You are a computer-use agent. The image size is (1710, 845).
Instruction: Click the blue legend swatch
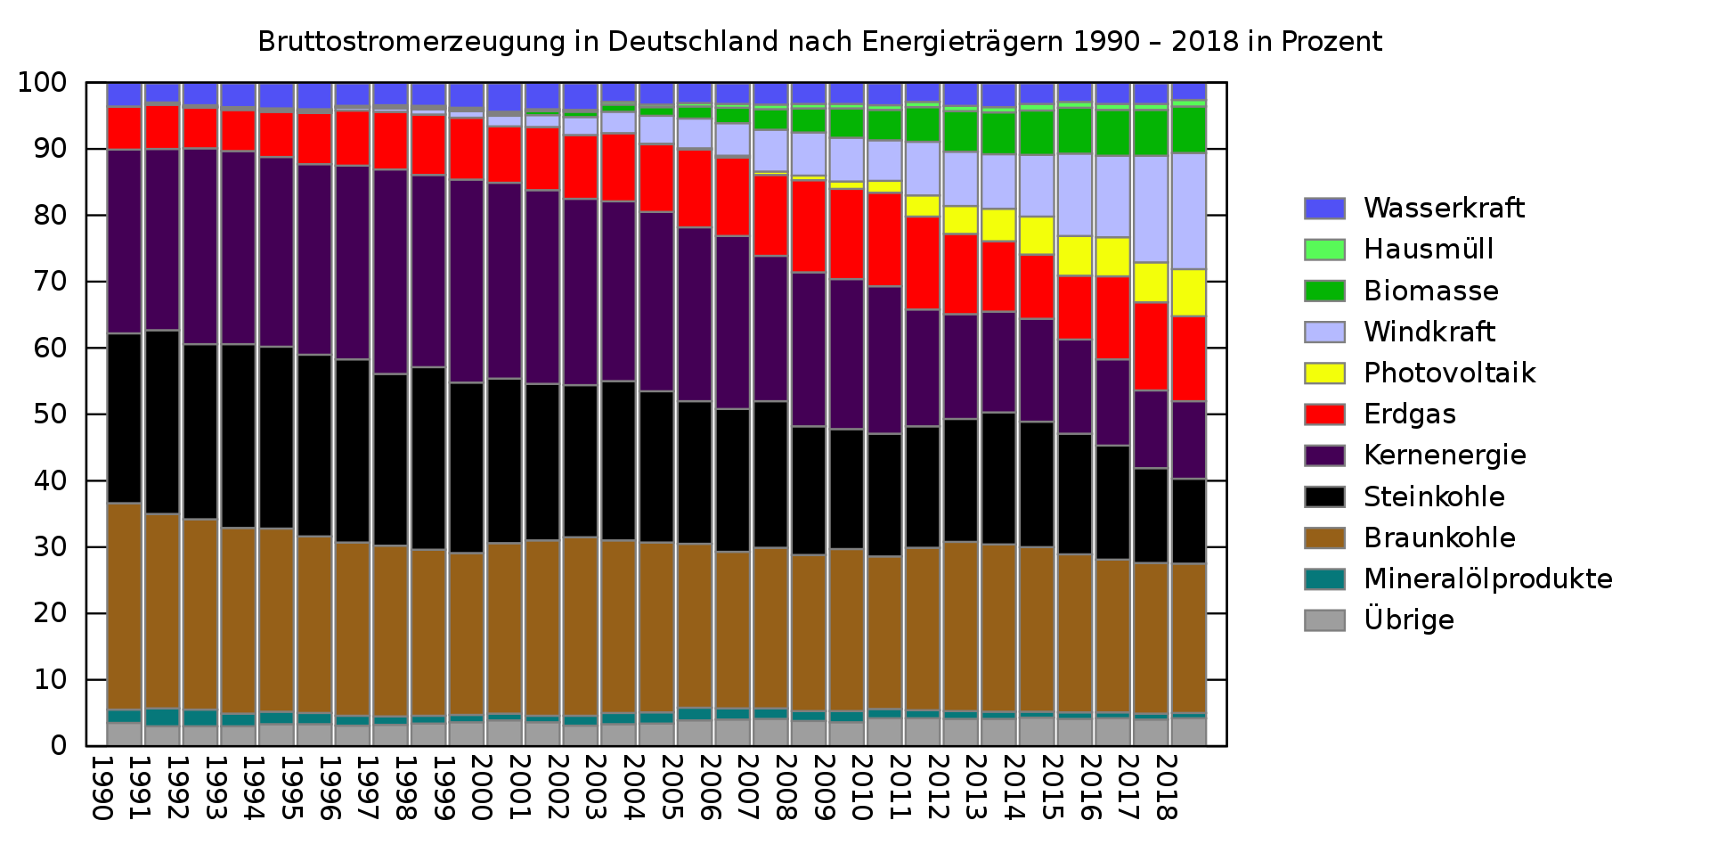coord(1324,209)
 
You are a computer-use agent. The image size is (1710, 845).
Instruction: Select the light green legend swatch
coord(1324,250)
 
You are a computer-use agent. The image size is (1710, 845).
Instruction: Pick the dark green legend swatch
coord(1324,291)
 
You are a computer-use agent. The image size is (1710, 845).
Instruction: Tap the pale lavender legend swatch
coord(1324,332)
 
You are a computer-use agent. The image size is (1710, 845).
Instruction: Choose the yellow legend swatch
coord(1324,373)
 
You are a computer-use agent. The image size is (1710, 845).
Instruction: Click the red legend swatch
coord(1324,414)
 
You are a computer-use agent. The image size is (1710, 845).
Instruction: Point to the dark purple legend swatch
coord(1324,455)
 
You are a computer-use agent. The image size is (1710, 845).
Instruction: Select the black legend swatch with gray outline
coord(1324,496)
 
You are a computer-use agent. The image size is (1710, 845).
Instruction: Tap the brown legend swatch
coord(1324,538)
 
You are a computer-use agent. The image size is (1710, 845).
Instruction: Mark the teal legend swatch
coord(1324,579)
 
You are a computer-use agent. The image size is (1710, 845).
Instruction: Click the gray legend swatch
coord(1324,620)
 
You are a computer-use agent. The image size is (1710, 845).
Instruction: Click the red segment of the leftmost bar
coord(125,128)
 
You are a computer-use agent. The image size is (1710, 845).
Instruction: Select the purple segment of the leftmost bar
coord(125,242)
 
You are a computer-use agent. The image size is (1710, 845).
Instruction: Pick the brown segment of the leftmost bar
coord(125,606)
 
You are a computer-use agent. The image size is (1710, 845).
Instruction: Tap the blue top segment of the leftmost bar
coord(125,94)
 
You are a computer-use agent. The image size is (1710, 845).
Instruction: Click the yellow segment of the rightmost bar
coord(1189,292)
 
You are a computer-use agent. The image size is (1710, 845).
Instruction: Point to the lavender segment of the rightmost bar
coord(1189,211)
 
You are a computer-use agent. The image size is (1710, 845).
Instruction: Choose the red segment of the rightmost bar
coord(1189,358)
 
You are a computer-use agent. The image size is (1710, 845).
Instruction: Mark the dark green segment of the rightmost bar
coord(1189,130)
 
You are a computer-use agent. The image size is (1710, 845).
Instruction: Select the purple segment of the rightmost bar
coord(1189,440)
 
